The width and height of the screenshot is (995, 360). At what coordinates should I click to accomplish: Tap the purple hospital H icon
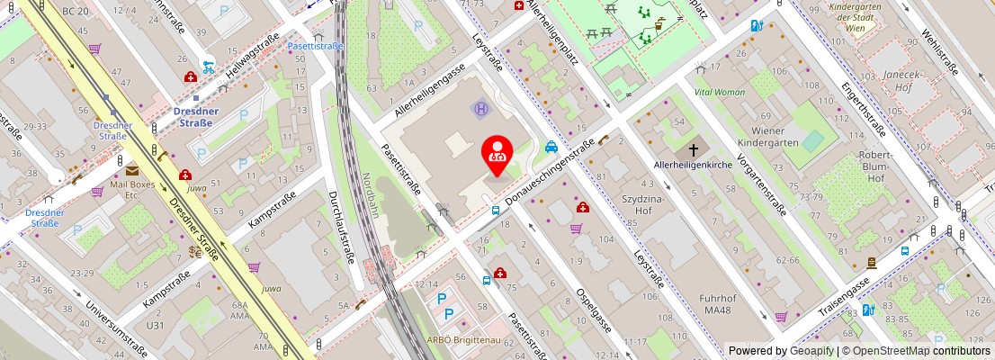[x=481, y=109]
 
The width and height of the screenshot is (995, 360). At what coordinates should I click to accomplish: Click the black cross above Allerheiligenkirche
[x=694, y=150]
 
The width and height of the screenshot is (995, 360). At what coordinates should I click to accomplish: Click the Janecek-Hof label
[x=899, y=82]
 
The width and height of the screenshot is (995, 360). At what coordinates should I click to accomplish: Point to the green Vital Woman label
[x=719, y=92]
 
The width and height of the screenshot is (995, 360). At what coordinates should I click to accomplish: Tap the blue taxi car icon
[x=551, y=147]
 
